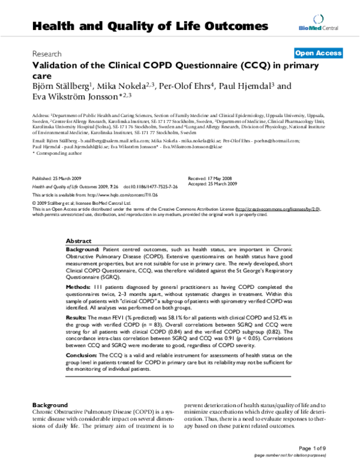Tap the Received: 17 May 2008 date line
pyautogui.click(x=211, y=179)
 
